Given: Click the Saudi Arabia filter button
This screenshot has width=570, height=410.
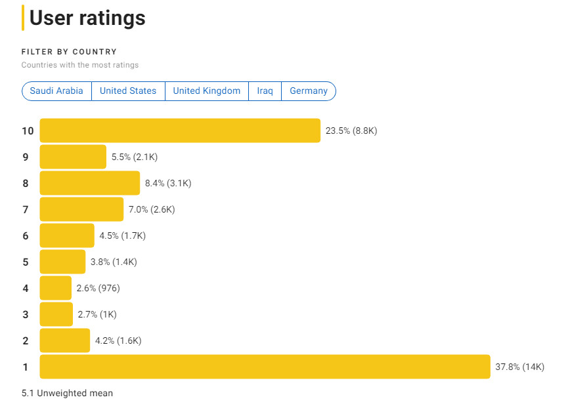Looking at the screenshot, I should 56,91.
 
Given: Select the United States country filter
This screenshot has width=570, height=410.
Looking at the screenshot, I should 128,91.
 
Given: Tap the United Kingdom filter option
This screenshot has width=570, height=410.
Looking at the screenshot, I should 207,91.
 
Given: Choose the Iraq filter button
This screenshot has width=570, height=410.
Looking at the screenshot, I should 265,91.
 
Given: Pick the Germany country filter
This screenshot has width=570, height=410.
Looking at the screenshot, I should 309,91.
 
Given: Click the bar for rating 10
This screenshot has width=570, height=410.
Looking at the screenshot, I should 180,131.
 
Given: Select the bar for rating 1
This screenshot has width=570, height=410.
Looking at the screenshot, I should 265,367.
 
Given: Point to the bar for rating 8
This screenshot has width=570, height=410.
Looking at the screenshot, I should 90,183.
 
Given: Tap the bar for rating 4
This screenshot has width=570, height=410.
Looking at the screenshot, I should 56,288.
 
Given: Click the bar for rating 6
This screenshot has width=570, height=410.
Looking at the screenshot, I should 67,236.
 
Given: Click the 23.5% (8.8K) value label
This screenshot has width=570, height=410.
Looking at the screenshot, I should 351,131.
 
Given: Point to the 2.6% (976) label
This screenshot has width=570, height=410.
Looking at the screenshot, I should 98,288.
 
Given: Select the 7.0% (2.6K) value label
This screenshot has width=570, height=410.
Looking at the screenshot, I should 152,209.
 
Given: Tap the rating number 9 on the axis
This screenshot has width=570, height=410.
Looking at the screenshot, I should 26,157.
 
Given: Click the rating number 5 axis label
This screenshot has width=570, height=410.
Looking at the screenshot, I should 26,262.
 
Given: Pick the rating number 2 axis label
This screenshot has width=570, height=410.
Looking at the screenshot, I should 26,340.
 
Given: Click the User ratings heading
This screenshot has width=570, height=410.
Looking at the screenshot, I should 87,18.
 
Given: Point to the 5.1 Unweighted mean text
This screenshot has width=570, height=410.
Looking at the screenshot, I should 67,393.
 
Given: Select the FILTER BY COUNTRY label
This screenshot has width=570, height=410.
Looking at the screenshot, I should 69,52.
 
